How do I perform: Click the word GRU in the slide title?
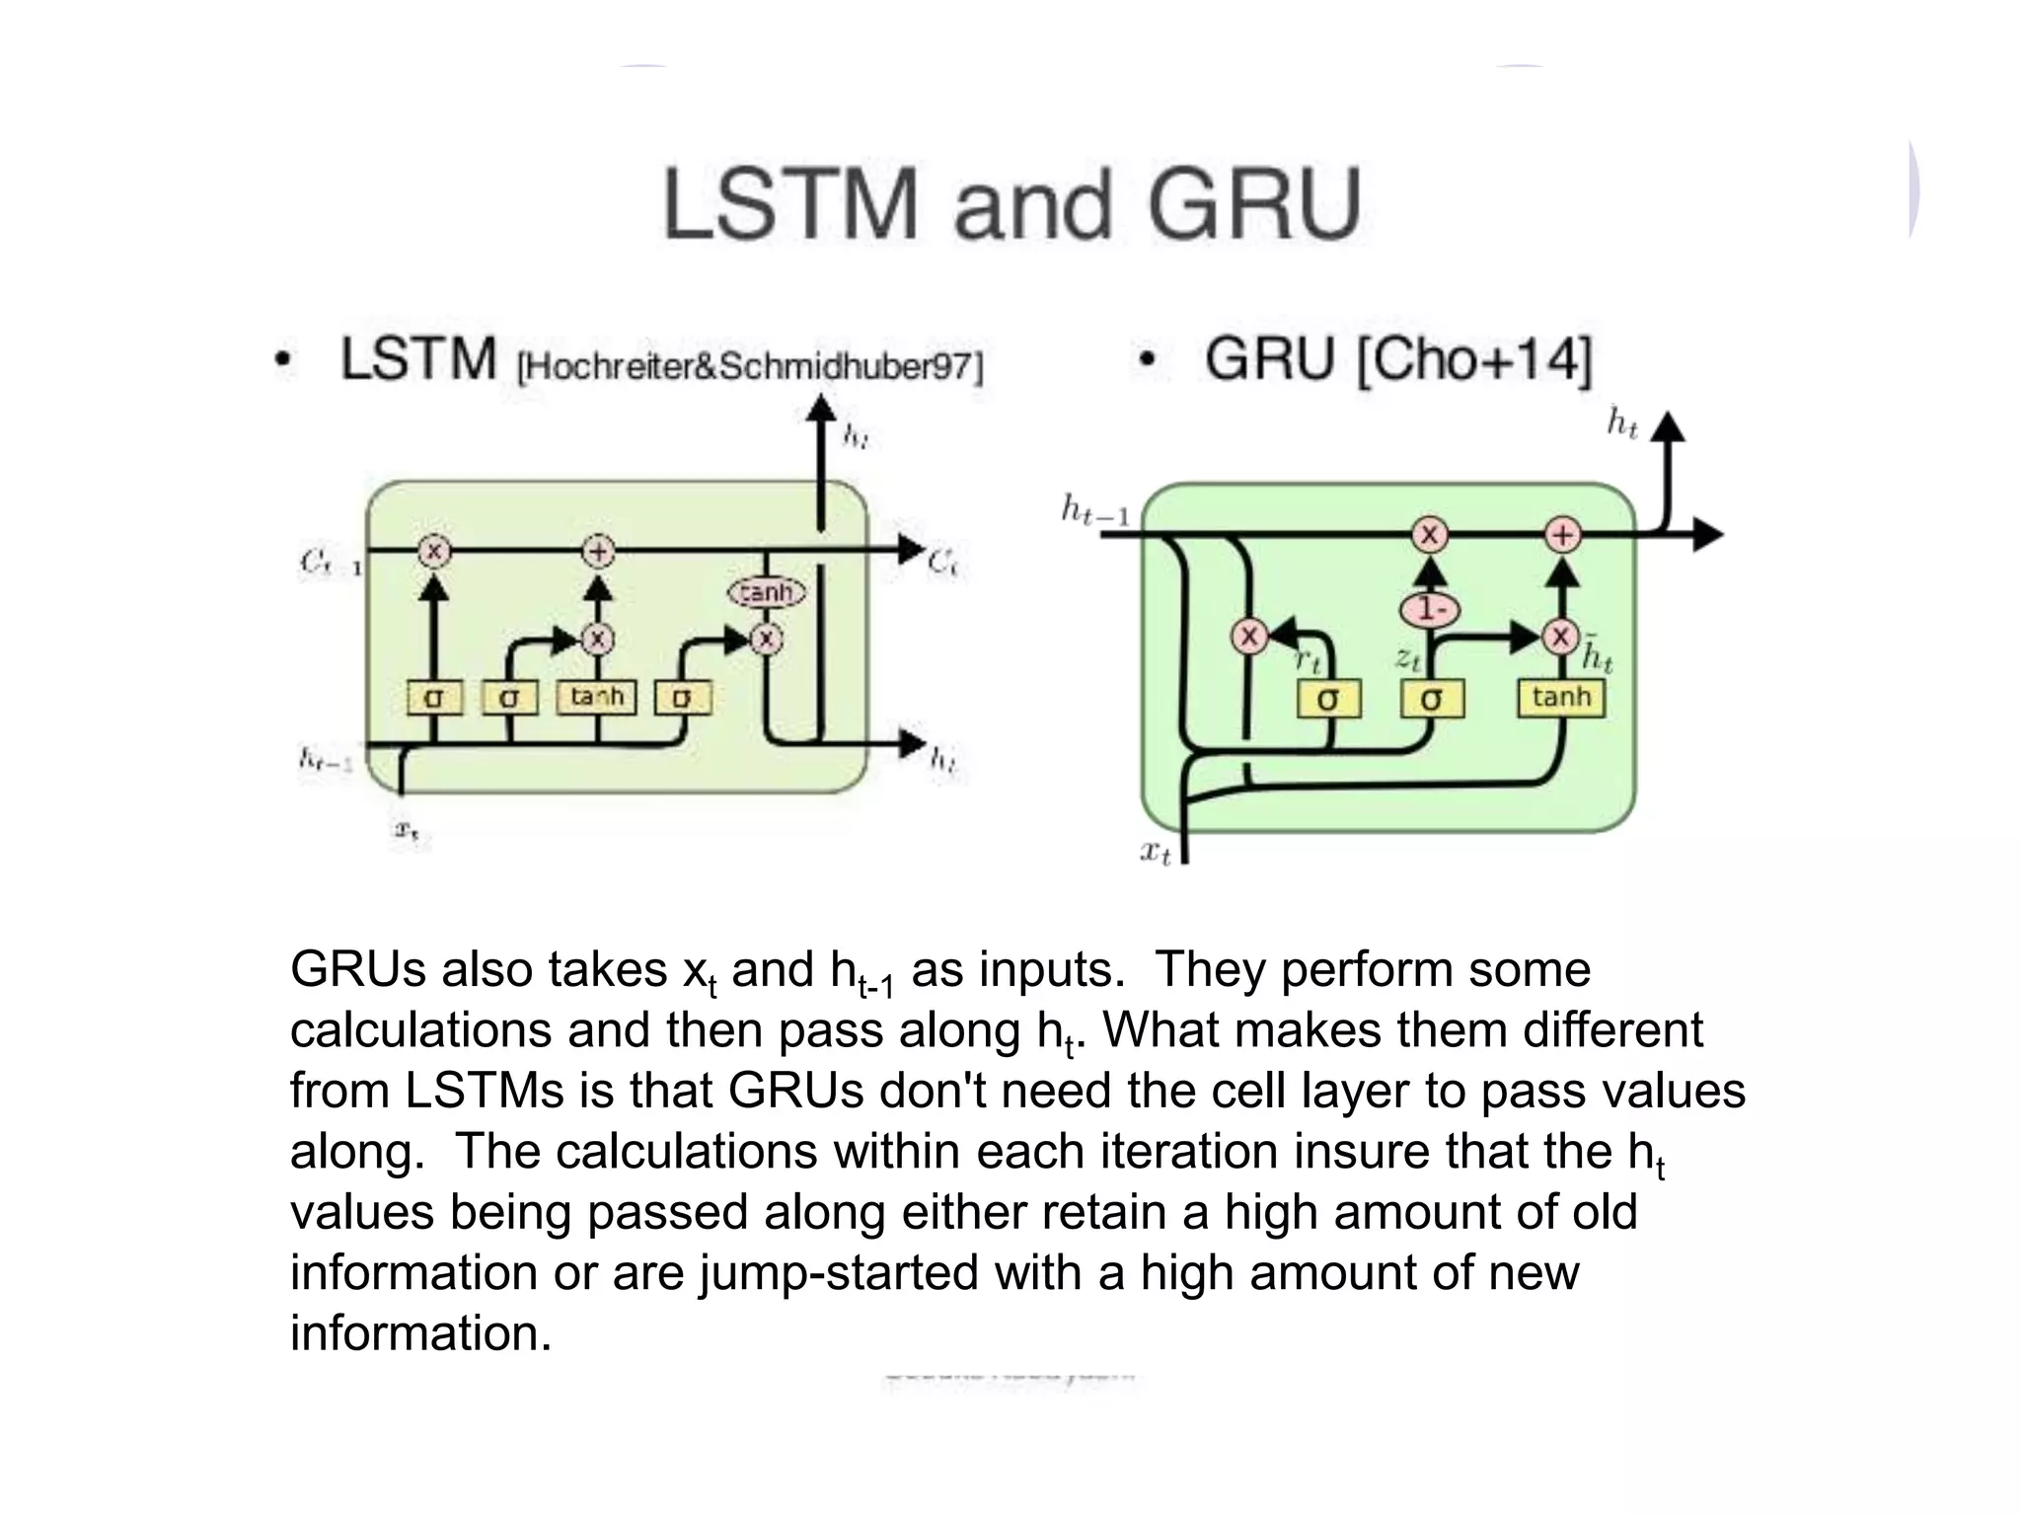click(x=1253, y=205)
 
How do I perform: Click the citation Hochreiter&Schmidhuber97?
click(x=750, y=367)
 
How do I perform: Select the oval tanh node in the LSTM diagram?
click(x=766, y=592)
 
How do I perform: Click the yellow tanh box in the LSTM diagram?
click(x=597, y=697)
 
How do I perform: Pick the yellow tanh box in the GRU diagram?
click(x=1561, y=698)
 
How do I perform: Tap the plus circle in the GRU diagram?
click(x=1562, y=536)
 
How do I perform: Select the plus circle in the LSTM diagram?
click(x=598, y=551)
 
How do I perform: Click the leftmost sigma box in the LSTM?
click(x=433, y=698)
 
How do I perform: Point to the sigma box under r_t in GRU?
click(x=1328, y=700)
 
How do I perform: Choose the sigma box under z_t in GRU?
click(x=1432, y=700)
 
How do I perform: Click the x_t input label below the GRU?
click(x=1155, y=851)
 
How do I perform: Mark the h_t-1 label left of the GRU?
click(x=1093, y=510)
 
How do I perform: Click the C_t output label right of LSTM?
click(x=942, y=563)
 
